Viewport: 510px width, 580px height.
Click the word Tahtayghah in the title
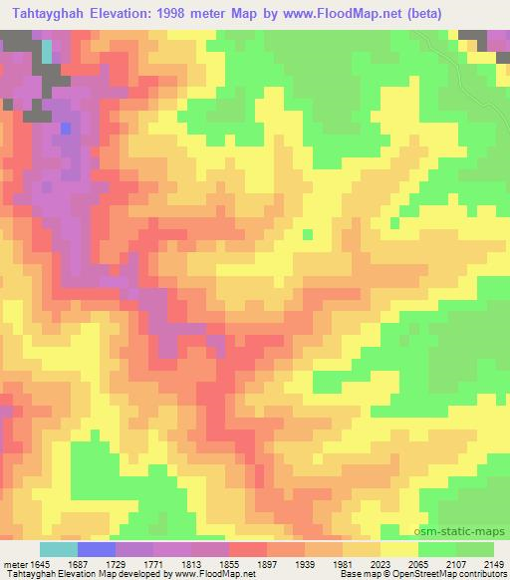(x=50, y=13)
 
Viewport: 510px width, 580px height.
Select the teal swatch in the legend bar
(x=59, y=549)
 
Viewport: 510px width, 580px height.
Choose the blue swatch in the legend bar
(x=97, y=549)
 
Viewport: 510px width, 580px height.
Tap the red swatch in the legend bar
(x=248, y=549)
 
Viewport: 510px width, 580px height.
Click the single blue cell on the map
(x=66, y=128)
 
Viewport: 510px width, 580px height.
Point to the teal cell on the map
(x=47, y=51)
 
